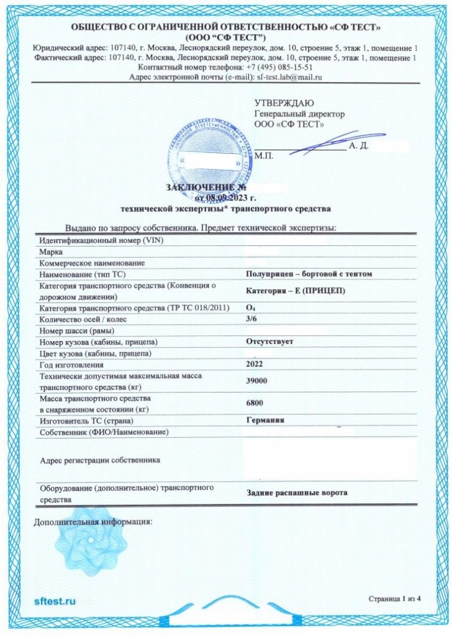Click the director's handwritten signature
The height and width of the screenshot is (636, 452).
tap(317, 145)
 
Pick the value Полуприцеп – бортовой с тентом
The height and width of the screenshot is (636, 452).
tap(309, 274)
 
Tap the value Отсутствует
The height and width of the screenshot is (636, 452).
tap(269, 342)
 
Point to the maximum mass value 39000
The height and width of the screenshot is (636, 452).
tap(256, 381)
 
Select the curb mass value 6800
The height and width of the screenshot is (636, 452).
tap(254, 403)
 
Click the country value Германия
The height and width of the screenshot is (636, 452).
tap(265, 420)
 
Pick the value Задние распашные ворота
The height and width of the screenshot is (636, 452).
tap(296, 493)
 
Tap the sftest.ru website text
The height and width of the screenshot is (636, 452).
tap(55, 601)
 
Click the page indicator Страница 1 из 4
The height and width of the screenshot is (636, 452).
tap(394, 599)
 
